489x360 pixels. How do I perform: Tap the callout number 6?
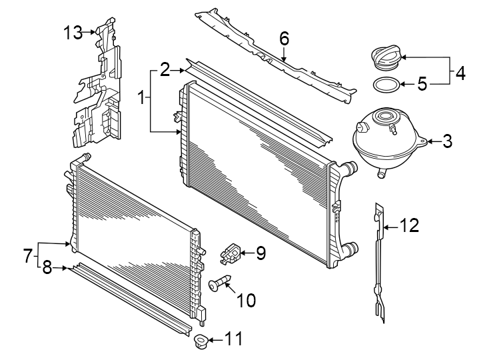pos(284,39)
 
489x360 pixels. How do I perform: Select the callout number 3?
pos(448,141)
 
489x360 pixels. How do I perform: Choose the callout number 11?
pos(233,339)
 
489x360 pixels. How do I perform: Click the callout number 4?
pos(459,73)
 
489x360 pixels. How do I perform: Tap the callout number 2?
pos(165,69)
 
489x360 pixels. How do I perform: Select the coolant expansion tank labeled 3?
pos(384,142)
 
